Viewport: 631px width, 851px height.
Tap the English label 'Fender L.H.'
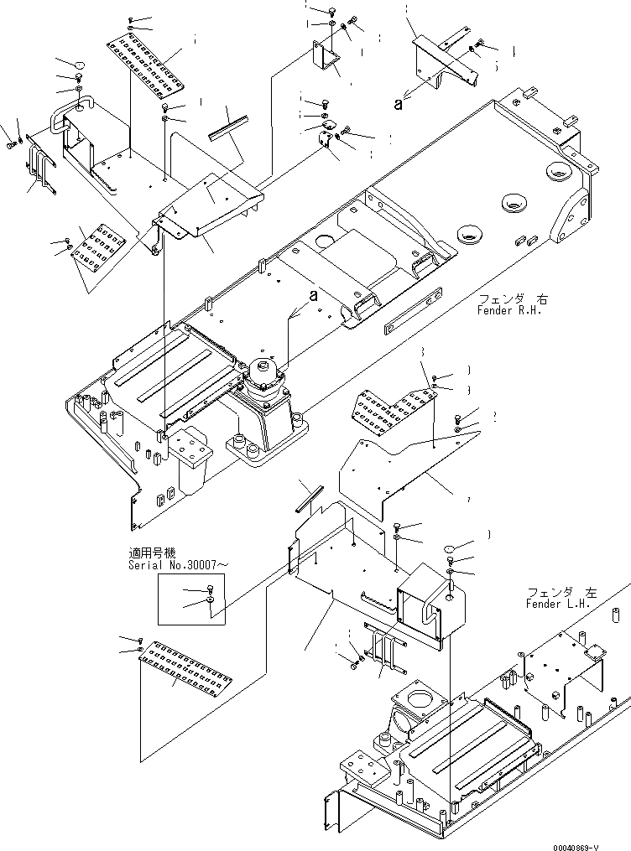click(x=558, y=604)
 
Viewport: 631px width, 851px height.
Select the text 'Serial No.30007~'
click(x=177, y=565)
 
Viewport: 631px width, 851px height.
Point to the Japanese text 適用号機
click(x=153, y=553)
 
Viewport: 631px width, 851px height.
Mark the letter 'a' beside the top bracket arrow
click(x=399, y=105)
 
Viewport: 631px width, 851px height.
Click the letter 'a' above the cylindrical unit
click(x=314, y=295)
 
